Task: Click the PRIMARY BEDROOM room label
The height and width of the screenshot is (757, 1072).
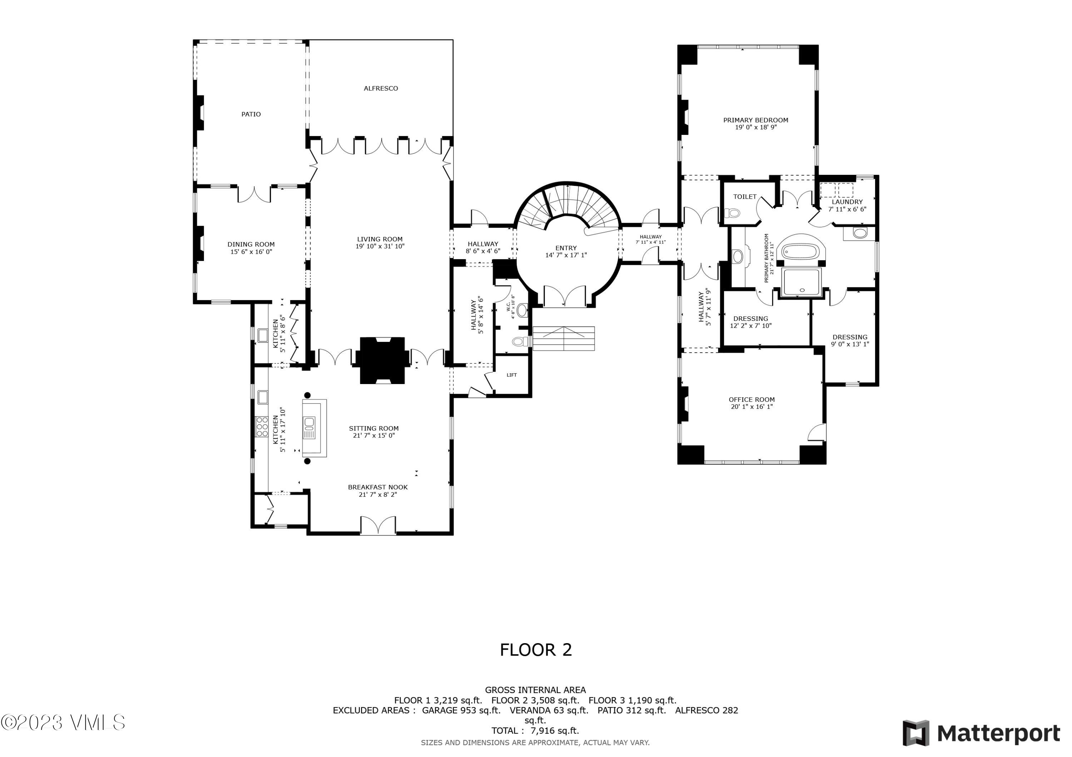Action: [x=755, y=120]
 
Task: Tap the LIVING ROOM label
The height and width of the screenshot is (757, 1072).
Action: [x=379, y=239]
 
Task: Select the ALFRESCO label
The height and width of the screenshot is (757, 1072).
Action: [x=381, y=88]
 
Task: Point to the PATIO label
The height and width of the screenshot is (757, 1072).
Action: [x=251, y=114]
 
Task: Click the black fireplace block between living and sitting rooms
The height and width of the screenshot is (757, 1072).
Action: [x=382, y=360]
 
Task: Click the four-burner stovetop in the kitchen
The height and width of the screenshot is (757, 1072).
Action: [x=262, y=426]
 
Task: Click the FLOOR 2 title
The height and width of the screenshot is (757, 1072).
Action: [x=536, y=650]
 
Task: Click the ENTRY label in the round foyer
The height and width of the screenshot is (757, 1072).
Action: [x=566, y=248]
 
